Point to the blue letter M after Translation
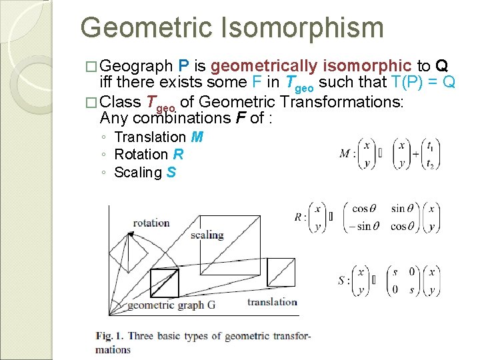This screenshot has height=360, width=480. coord(197,137)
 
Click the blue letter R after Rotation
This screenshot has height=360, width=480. coord(178,155)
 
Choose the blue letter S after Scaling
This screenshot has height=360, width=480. coord(172,173)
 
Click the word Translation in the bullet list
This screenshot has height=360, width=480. coord(151,137)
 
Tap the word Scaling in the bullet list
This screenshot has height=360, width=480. coord(138,173)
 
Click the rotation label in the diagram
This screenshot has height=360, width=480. coord(151,223)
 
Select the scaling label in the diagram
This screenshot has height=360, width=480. coord(207,235)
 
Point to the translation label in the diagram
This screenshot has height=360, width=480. coord(272,302)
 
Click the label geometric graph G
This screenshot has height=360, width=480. coord(171,305)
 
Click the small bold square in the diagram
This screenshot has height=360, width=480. coord(164,282)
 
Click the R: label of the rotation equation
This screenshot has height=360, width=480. coord(301,217)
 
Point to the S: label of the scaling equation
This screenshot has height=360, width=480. coord(344,280)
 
